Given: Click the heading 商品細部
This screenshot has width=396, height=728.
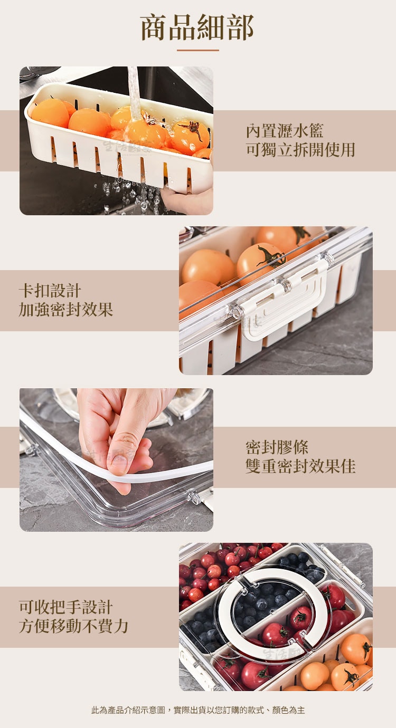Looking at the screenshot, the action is point(197,27).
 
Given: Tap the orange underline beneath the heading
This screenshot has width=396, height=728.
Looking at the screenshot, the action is point(198,50).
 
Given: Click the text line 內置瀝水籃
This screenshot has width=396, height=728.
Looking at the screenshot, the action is point(285,131).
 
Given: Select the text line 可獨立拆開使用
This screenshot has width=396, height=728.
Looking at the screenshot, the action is point(300,150).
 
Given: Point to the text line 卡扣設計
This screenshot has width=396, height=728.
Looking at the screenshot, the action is point(50,291).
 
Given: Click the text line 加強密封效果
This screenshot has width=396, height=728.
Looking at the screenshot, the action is point(65,309).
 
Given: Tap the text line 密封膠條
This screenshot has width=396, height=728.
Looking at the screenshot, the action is point(277,447).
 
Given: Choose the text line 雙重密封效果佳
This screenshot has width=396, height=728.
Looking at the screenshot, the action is point(300,466).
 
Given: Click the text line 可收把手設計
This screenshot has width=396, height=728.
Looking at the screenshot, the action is point(65,607).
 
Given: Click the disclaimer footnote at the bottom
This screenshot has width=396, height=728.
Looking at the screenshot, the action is point(198,710).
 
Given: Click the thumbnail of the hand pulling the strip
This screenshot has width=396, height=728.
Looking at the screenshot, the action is point(116,460).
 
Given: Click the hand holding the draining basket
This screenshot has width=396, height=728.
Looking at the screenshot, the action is point(187,200).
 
